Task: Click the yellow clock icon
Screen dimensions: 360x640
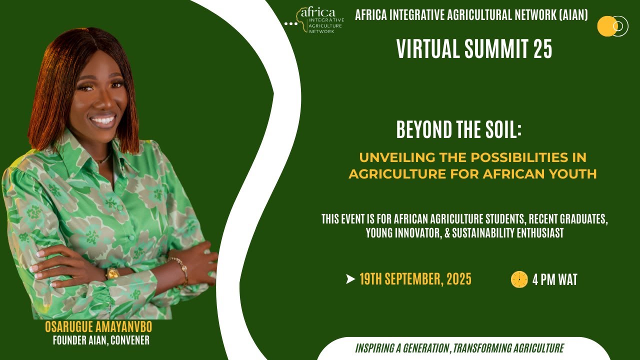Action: pyautogui.click(x=519, y=279)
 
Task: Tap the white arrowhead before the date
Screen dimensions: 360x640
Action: pyautogui.click(x=350, y=279)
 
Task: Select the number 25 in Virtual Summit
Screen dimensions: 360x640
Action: pyautogui.click(x=542, y=49)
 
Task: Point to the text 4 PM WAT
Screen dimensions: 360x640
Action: pyautogui.click(x=554, y=279)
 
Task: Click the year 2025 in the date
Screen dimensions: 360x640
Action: pyautogui.click(x=459, y=279)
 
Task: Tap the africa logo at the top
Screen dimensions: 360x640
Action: pyautogui.click(x=318, y=19)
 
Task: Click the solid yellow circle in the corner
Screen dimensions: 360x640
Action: pyautogui.click(x=606, y=26)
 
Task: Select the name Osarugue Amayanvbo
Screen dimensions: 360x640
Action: pyautogui.click(x=98, y=327)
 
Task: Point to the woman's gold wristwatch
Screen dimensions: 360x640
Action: pyautogui.click(x=112, y=273)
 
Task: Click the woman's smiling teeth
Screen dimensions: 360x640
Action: pyautogui.click(x=103, y=120)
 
